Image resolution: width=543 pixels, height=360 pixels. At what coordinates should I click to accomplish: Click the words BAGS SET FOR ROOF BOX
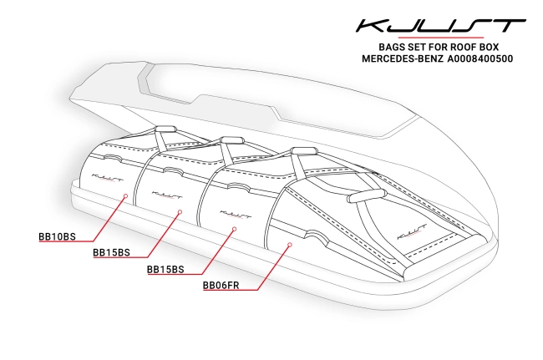427,47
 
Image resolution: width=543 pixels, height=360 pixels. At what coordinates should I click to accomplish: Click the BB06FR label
222,285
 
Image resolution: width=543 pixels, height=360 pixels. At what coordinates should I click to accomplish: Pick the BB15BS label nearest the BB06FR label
165,270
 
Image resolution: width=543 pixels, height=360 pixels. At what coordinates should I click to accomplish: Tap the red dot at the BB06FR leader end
288,245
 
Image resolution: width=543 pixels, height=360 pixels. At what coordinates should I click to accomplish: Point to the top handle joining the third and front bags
304,151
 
